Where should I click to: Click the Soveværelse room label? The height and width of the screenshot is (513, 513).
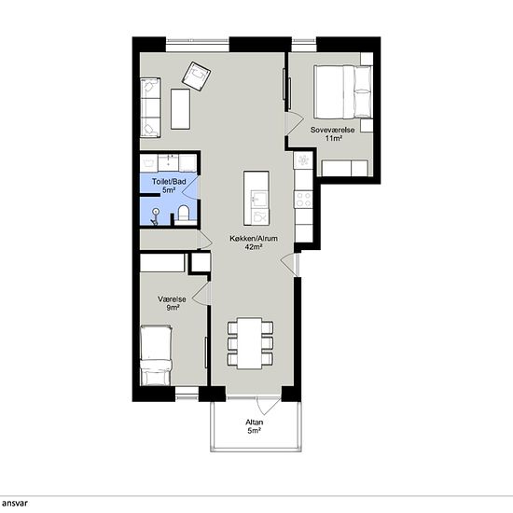click(x=332, y=130)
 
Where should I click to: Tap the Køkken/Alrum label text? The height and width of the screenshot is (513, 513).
click(x=254, y=239)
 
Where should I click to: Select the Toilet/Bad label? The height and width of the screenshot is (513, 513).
click(x=169, y=182)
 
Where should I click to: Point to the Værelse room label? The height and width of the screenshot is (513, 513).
click(x=173, y=299)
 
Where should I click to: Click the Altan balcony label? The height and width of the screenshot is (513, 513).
click(x=255, y=422)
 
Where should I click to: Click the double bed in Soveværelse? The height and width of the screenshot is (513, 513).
click(x=343, y=92)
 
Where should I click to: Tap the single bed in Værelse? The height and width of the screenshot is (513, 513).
click(x=156, y=354)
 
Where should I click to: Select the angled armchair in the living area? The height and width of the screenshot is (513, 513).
click(x=196, y=76)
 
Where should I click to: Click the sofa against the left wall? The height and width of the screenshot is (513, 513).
click(x=150, y=107)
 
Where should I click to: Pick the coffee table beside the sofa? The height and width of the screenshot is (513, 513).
click(x=180, y=109)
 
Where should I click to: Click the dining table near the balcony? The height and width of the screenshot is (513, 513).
click(x=250, y=343)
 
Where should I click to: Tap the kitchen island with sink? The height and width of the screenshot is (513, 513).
click(x=256, y=199)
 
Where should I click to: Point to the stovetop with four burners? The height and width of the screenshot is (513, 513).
click(x=304, y=200)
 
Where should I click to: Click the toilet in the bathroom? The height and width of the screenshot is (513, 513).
click(x=183, y=214)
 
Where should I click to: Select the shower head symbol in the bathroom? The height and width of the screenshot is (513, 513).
click(x=156, y=212)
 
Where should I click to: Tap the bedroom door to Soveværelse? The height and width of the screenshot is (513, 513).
click(x=294, y=123)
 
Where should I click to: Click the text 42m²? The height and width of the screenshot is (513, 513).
click(x=254, y=247)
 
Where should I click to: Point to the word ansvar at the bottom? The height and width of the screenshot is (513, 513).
click(x=15, y=503)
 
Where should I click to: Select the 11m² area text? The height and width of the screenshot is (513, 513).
click(x=334, y=138)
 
